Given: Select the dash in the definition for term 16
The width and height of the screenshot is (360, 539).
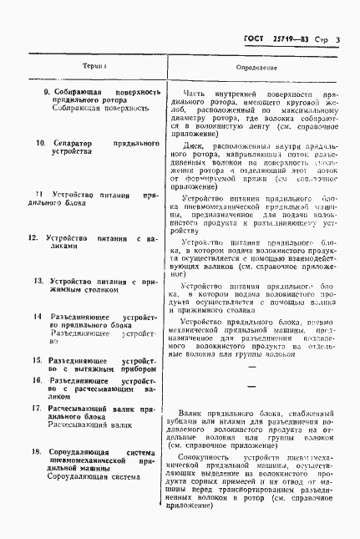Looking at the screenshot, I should coord(251,385).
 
